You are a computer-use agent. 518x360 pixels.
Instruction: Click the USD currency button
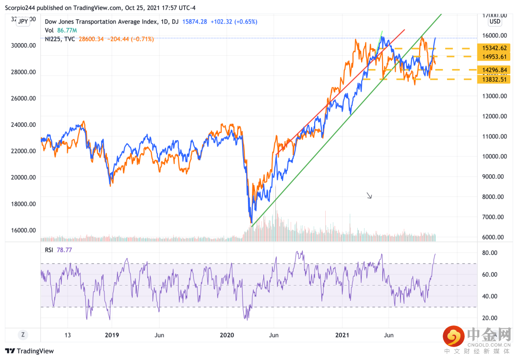[494, 22]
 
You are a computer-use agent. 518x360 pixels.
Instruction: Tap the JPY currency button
[22, 21]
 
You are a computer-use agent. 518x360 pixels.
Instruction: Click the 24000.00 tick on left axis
[23, 124]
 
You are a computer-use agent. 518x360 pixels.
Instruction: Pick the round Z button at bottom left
[22, 335]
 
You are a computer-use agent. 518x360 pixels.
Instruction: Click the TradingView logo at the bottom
[30, 351]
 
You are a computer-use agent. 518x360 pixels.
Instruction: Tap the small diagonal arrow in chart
[369, 195]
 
